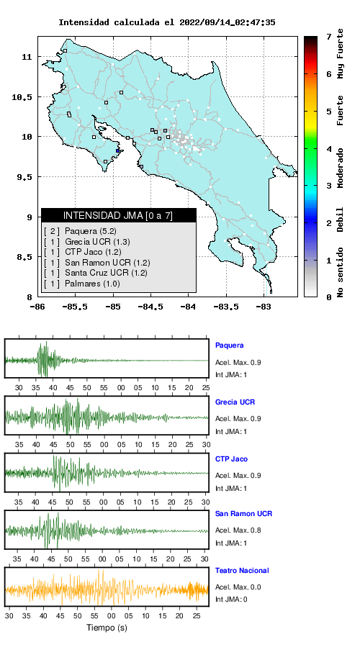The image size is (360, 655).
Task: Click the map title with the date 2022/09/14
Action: click(x=166, y=22)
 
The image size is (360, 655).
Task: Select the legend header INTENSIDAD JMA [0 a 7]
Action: click(x=118, y=215)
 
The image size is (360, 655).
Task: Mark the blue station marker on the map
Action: click(x=118, y=151)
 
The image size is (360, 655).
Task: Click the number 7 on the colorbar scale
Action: click(x=329, y=37)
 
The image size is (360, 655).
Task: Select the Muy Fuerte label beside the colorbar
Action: click(x=341, y=53)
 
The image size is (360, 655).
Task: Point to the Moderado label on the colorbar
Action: click(x=341, y=168)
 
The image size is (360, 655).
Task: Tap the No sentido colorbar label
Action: click(x=341, y=272)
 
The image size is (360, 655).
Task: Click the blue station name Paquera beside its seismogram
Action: click(x=229, y=345)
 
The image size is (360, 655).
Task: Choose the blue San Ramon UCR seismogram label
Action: click(x=243, y=514)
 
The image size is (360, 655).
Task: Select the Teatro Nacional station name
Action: click(x=242, y=571)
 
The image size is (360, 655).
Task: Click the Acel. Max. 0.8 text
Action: click(x=238, y=530)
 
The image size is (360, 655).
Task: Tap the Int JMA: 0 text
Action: click(x=231, y=600)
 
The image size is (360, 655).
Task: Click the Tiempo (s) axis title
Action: click(x=107, y=628)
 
